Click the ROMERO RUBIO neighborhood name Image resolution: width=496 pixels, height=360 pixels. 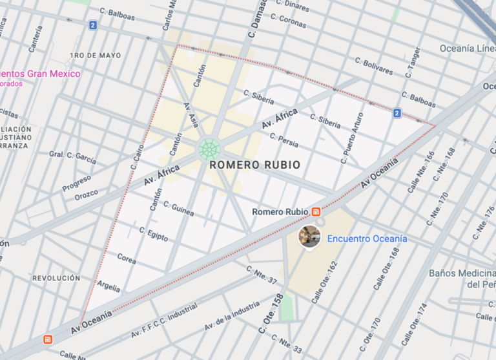point(254,165)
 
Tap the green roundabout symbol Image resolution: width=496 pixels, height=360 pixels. point(208,149)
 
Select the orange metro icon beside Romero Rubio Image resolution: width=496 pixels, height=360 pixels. point(316,211)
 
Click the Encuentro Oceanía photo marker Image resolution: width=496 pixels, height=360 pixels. point(309,237)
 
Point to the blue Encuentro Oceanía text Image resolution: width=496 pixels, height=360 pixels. point(367,238)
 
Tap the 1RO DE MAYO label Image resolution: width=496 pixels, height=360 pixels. point(95,56)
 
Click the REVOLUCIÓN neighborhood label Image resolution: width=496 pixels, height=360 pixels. point(56,278)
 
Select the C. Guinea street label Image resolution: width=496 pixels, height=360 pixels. point(179,210)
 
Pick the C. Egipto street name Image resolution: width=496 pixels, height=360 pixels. point(154,233)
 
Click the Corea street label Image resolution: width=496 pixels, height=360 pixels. point(127,259)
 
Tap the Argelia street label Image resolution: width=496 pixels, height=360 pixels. point(108,285)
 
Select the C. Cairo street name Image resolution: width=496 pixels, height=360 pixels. point(136,156)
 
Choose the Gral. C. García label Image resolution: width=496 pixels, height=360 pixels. point(72,156)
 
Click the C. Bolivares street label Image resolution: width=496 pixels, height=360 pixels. point(374,65)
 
